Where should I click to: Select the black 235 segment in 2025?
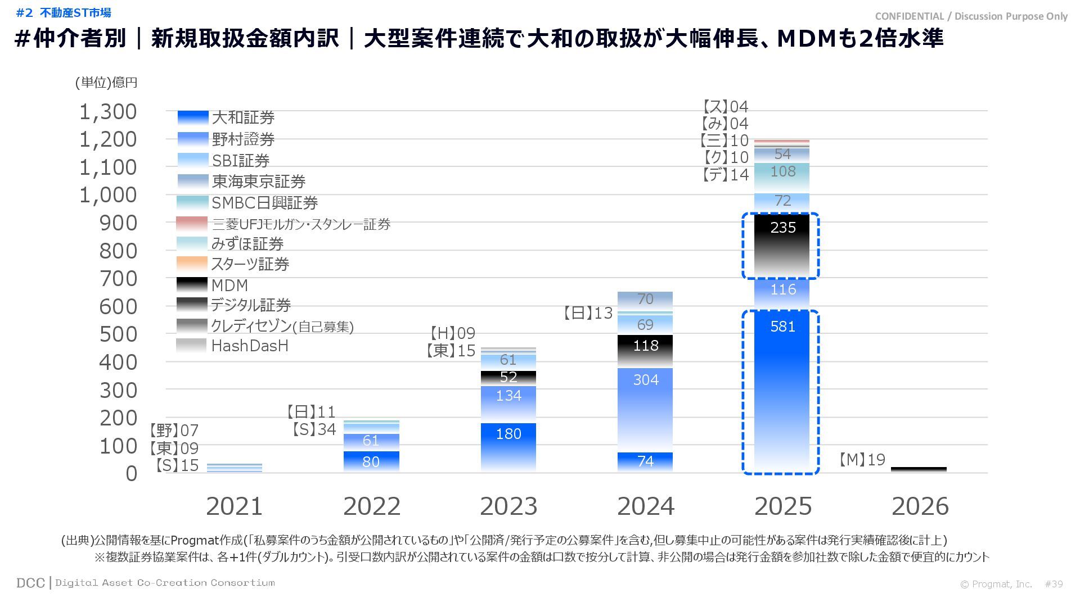click(x=781, y=245)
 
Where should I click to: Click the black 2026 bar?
click(x=919, y=469)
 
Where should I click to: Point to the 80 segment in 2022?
click(x=371, y=461)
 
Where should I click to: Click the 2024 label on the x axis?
click(x=645, y=506)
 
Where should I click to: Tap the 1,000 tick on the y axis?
click(x=108, y=195)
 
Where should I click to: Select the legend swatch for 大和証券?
click(x=193, y=117)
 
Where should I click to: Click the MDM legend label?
click(x=229, y=286)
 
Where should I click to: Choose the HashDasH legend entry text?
click(x=250, y=346)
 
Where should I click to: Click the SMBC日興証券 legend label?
click(x=264, y=202)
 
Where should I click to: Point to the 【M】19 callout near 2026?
click(x=861, y=460)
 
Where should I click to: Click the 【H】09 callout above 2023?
click(x=452, y=333)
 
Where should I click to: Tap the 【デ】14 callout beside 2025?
click(x=725, y=175)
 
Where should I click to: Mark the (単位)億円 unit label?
click(x=106, y=83)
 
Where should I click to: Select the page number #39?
click(x=1054, y=584)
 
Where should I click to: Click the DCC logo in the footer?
click(x=30, y=583)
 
